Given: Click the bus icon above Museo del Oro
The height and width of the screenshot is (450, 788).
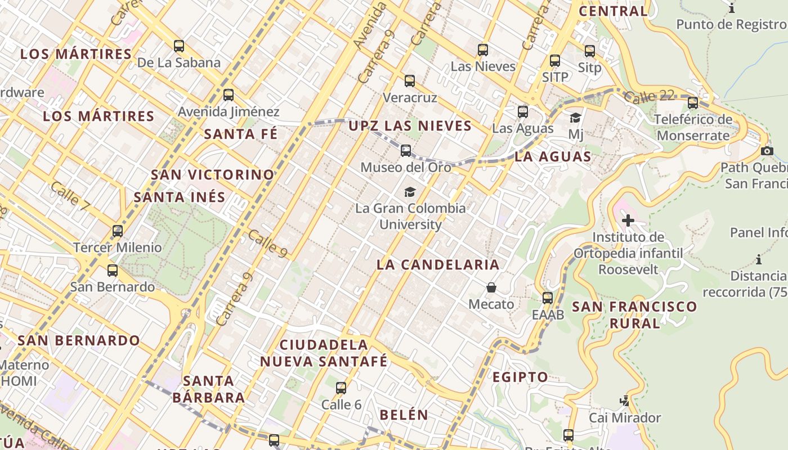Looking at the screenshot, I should (406, 151).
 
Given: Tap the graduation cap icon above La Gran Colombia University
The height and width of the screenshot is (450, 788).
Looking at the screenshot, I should (410, 192).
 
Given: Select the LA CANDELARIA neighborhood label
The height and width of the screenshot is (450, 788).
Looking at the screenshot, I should (438, 264).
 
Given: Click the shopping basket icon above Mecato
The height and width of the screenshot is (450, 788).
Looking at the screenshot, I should (491, 288).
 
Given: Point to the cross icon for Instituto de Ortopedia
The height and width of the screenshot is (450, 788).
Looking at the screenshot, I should (628, 220).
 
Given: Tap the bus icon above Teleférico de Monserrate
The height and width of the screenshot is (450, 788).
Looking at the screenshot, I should (693, 103).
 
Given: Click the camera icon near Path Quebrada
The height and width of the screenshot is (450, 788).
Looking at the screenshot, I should (767, 151).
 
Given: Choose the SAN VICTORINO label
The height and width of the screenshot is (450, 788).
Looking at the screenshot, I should (213, 175).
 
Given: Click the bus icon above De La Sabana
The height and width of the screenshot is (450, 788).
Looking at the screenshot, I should (179, 46).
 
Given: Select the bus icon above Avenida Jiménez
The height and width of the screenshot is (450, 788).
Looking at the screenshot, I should (229, 95).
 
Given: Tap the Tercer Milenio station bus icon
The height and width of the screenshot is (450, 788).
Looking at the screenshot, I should (118, 231).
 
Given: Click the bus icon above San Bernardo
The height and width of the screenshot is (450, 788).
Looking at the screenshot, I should (113, 271).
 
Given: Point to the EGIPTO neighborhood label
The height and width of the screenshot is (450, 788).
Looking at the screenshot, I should (520, 377).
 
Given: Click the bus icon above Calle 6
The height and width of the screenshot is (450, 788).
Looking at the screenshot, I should (341, 388).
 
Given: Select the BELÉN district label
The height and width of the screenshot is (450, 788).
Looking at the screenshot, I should (404, 415).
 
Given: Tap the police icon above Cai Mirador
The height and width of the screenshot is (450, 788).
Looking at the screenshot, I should (624, 401).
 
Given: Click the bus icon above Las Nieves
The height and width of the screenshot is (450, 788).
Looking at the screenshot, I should (483, 50).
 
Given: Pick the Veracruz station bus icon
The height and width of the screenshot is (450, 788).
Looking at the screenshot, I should (410, 81).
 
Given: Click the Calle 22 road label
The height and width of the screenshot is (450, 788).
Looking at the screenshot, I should (649, 96).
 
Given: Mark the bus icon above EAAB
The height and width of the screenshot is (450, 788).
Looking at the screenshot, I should (548, 298).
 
